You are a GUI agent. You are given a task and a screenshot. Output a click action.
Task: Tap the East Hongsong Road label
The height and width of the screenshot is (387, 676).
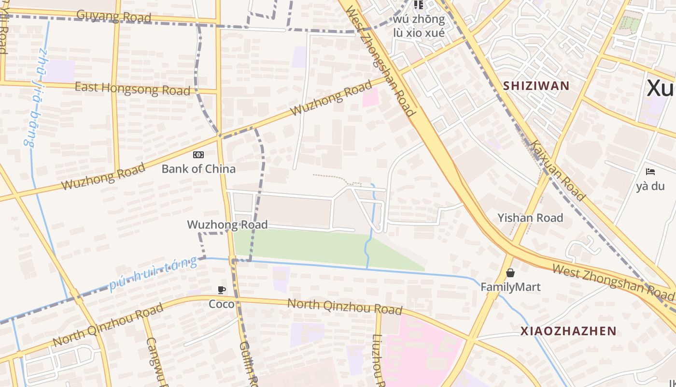tap(132, 89)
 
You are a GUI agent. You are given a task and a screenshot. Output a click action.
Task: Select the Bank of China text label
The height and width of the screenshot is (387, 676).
tap(198, 169)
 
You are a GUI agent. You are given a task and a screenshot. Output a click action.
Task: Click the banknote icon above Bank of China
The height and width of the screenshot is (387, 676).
tap(198, 155)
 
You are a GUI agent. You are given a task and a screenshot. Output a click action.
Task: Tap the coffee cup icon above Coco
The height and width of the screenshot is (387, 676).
tap(222, 290)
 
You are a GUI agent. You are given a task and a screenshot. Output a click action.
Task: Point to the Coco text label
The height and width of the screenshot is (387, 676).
tap(222, 304)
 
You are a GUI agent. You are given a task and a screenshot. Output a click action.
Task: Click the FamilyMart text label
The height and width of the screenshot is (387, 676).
tap(510, 287)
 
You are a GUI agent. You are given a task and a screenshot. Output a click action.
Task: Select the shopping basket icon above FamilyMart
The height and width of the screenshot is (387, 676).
tap(510, 273)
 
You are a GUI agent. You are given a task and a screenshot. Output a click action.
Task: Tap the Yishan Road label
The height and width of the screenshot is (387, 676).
tap(530, 218)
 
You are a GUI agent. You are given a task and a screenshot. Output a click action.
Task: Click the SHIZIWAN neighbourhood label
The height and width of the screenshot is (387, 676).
tap(536, 86)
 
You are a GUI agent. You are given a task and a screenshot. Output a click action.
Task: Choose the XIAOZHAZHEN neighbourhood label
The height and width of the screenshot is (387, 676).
tap(568, 331)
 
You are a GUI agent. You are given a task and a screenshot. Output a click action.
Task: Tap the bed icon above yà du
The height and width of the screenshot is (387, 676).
tap(650, 172)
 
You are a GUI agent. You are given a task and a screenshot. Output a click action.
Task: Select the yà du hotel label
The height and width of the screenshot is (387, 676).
tap(650, 186)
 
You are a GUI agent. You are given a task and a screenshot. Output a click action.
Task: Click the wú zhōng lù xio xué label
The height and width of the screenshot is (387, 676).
tap(419, 26)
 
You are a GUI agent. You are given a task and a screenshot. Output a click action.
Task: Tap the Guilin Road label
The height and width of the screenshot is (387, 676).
tap(247, 363)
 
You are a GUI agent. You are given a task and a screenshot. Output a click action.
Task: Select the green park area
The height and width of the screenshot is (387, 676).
tap(309, 247)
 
